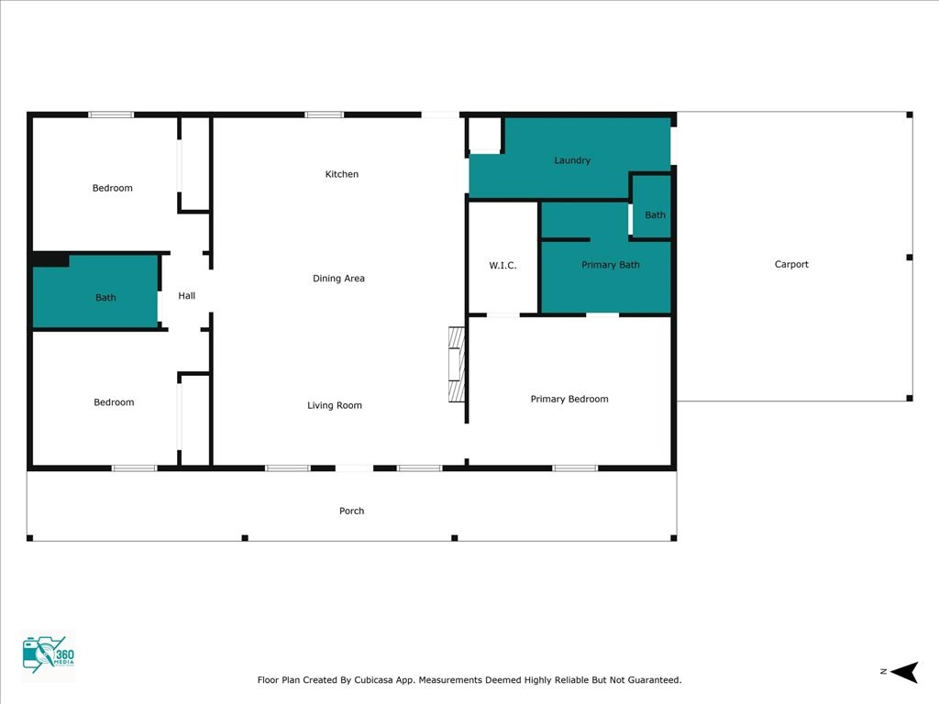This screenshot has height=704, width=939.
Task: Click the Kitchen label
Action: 342,174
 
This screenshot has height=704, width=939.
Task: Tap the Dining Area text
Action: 338,279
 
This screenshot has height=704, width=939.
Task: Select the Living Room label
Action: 335,405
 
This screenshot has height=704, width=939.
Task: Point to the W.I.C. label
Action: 503,265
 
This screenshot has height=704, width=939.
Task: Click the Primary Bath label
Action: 610,265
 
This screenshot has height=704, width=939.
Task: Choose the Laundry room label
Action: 572,160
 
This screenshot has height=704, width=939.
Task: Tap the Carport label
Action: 791,264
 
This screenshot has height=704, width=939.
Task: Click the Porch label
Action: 351,511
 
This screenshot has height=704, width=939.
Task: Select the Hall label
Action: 187,296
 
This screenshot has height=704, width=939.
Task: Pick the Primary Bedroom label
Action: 569,399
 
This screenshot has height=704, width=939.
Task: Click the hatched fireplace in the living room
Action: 457,365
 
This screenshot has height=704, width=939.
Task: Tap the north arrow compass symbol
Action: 904,672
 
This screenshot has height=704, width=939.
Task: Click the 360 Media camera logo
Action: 48,654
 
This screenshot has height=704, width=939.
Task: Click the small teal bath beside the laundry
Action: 652,207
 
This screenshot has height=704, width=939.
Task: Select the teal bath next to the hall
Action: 95,291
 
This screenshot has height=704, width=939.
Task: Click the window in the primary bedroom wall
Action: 575,468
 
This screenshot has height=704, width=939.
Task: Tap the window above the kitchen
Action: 324,115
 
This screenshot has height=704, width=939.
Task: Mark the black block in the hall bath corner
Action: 51,260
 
